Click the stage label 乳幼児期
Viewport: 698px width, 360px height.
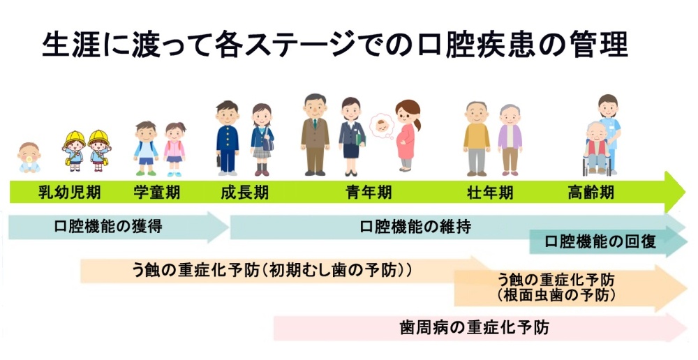[x=69, y=193]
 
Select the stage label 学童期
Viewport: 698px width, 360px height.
[x=156, y=193]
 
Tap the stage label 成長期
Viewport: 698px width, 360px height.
[x=244, y=193]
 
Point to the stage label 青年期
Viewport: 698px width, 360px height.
[x=369, y=193]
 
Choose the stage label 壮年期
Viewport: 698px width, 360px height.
[x=490, y=193]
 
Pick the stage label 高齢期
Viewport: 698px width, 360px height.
[x=591, y=193]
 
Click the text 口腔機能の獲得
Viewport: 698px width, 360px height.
[x=108, y=226]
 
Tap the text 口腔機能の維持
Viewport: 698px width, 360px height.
[x=415, y=227]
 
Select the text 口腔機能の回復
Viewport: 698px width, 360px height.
[x=600, y=241]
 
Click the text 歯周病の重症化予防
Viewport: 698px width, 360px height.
[x=475, y=327]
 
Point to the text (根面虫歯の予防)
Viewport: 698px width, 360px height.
[x=556, y=295]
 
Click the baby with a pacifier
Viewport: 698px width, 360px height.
[x=29, y=158]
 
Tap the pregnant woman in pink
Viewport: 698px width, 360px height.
[x=407, y=135]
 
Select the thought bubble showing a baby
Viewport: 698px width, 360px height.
[x=382, y=126]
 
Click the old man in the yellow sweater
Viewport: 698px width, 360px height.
[x=476, y=138]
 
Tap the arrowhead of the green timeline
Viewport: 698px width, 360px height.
[x=675, y=192]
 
